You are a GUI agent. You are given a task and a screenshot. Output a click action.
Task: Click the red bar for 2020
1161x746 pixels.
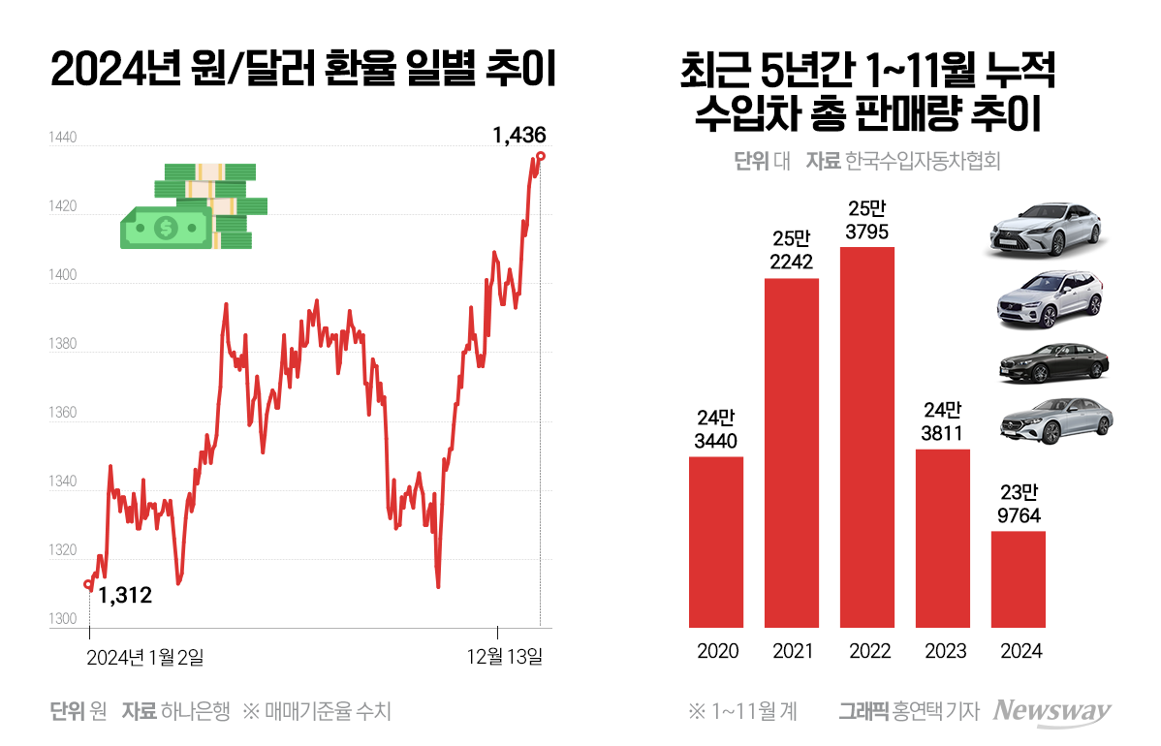tap(716, 542)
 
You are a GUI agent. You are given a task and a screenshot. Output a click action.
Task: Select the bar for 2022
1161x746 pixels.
tap(867, 437)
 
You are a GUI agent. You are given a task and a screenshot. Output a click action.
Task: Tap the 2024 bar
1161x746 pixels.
tap(1019, 578)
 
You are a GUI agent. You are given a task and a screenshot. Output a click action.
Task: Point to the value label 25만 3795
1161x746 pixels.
tap(867, 221)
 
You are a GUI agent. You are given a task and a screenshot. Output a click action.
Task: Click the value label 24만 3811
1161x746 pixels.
tap(943, 422)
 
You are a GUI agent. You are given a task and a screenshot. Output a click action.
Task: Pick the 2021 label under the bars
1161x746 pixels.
tap(793, 651)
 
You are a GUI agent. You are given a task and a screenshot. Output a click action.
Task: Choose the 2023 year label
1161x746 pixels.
tap(943, 651)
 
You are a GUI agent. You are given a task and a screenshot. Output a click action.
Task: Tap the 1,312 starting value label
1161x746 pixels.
tap(126, 596)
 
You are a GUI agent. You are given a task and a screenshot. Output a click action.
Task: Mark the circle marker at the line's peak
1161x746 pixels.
tap(541, 156)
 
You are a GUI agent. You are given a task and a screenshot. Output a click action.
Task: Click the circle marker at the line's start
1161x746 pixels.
tap(89, 584)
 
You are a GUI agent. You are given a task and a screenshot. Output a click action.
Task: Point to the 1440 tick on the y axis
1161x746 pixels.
tap(62, 139)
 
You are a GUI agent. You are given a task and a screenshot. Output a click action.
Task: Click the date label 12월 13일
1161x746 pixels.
tap(505, 657)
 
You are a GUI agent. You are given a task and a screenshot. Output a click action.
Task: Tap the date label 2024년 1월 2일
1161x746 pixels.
tap(145, 657)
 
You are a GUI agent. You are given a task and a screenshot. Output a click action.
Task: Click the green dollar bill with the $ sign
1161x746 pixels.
tap(166, 227)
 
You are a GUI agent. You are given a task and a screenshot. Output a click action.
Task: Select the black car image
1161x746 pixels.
tap(1052, 363)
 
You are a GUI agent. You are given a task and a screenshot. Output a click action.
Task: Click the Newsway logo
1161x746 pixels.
tap(1053, 711)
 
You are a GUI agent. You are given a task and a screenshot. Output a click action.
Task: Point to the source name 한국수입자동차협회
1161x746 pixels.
tap(922, 161)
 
